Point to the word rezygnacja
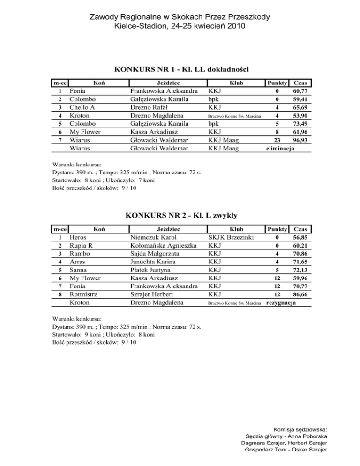[x=281, y=303]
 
